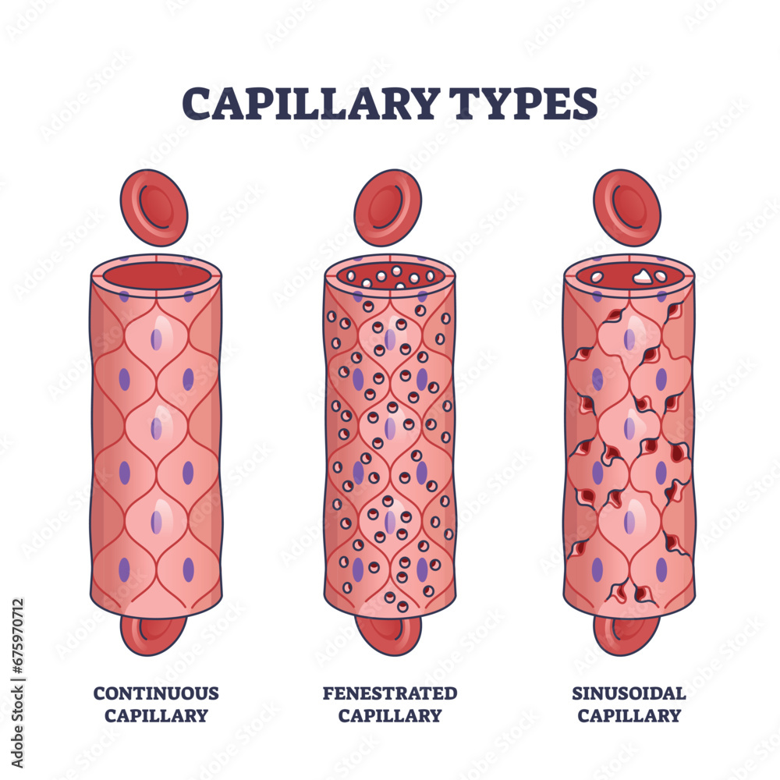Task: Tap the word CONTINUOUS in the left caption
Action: pyautogui.click(x=156, y=693)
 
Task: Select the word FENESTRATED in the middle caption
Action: pyautogui.click(x=390, y=693)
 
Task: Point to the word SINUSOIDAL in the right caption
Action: pyautogui.click(x=629, y=693)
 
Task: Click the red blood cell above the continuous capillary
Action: pyautogui.click(x=154, y=207)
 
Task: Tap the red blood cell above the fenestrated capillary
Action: pyautogui.click(x=388, y=207)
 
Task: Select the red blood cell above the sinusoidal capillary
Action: pyautogui.click(x=626, y=207)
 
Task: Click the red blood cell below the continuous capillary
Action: pyautogui.click(x=154, y=633)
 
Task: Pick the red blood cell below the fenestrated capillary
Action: pyautogui.click(x=388, y=633)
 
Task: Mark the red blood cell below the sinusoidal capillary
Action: pyautogui.click(x=626, y=633)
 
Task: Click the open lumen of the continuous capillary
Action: pyautogui.click(x=156, y=275)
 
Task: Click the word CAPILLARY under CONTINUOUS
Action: pyautogui.click(x=156, y=715)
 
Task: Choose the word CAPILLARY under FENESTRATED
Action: pyautogui.click(x=390, y=715)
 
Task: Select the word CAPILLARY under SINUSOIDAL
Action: pyautogui.click(x=629, y=715)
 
